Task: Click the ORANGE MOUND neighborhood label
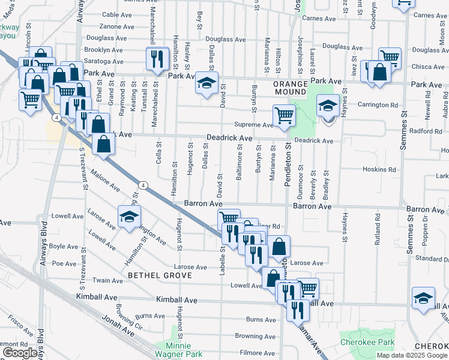[x=290, y=88]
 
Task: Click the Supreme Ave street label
[x=253, y=125]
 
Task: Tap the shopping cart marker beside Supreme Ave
[x=283, y=115]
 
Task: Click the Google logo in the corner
[x=20, y=353]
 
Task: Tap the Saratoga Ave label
[x=103, y=61]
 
